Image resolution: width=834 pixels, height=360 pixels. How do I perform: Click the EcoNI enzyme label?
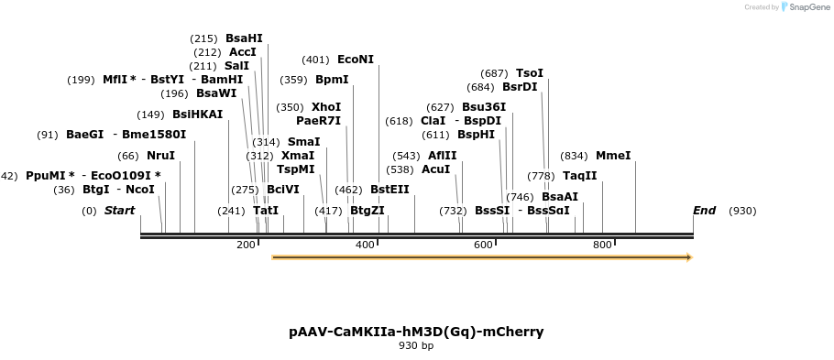pyautogui.click(x=356, y=60)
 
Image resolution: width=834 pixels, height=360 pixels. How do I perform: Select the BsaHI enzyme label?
pyautogui.click(x=244, y=38)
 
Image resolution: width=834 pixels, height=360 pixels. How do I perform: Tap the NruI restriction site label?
pyautogui.click(x=160, y=156)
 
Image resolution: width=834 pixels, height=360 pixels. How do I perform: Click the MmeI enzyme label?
pyautogui.click(x=613, y=156)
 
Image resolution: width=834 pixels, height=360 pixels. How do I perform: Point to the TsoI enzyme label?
pyautogui.click(x=530, y=73)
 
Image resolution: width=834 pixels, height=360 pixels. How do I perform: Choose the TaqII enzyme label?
pyautogui.click(x=579, y=176)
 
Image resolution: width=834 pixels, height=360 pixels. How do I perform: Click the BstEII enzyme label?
pyautogui.click(x=390, y=190)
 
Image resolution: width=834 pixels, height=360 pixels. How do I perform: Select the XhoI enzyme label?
pyautogui.click(x=326, y=107)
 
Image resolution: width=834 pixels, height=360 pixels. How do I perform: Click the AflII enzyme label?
pyautogui.click(x=442, y=156)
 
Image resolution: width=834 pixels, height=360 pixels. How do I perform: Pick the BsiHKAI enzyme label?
pyautogui.click(x=197, y=115)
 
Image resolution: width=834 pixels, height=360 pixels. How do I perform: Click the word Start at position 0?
pyautogui.click(x=119, y=211)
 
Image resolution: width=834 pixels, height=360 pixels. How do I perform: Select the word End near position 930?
pyautogui.click(x=704, y=211)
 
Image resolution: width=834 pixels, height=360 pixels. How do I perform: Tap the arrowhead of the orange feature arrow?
pyautogui.click(x=688, y=257)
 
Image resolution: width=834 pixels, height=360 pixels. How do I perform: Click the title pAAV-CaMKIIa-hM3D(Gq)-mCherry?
pyautogui.click(x=416, y=331)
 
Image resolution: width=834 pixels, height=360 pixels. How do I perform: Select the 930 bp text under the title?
pyautogui.click(x=416, y=346)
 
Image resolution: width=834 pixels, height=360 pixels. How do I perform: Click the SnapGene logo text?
pyautogui.click(x=806, y=7)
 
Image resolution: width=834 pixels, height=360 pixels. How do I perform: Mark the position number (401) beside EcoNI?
pyautogui.click(x=315, y=60)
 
